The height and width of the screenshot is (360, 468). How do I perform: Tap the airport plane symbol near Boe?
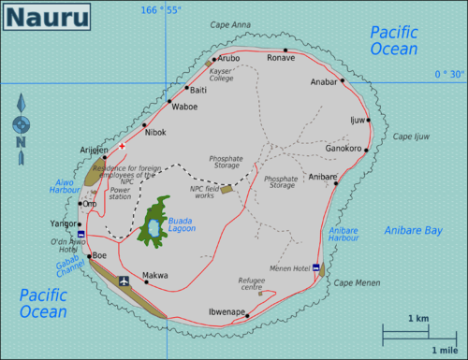point(124,280)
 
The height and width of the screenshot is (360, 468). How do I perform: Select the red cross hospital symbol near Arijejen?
point(122,146)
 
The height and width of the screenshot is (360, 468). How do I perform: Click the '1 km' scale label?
point(418,320)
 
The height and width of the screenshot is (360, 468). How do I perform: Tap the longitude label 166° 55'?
point(163,9)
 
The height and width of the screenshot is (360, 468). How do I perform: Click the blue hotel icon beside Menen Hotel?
point(316,268)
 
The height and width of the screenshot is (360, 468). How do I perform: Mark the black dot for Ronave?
point(285,50)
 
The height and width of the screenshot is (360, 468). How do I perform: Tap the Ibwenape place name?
point(225,311)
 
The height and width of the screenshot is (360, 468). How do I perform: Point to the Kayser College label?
point(222,75)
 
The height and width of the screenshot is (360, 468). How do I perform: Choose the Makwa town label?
point(154,275)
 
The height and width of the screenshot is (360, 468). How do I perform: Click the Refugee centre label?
point(253,283)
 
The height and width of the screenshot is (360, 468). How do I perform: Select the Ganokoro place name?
point(343,147)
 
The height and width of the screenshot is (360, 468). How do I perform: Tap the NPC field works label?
point(203,193)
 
